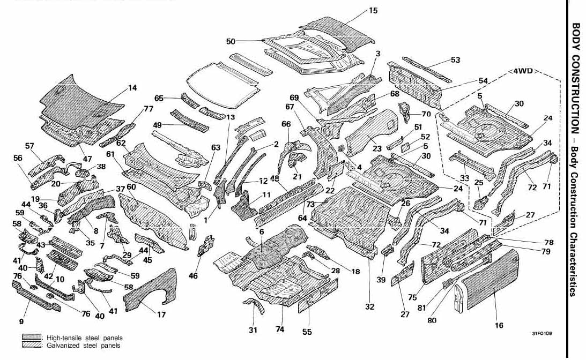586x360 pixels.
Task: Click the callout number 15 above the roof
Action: [373, 10]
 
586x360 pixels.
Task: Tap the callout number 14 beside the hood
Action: [132, 88]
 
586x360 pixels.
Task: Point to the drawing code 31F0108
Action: [542, 333]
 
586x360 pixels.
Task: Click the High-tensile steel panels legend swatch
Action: [32, 337]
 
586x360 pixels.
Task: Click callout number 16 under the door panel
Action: [499, 325]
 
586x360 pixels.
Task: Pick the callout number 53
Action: [455, 60]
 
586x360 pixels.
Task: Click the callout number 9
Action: [21, 321]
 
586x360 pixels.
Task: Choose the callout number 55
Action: [307, 332]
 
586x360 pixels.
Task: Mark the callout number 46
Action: [193, 275]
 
